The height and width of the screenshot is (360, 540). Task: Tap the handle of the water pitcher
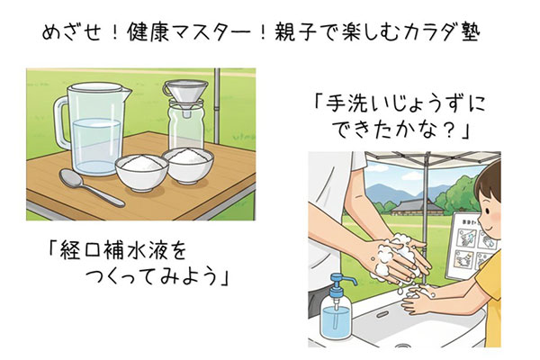pos(61,122)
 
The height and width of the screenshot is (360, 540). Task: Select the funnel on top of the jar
pos(185,94)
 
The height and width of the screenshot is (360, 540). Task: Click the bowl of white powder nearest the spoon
pos(141,171)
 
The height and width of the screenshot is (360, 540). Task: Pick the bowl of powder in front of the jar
pos(188,165)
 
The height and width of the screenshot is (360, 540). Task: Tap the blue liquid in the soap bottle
pos(336,320)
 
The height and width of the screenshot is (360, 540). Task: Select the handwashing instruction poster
pos(472,247)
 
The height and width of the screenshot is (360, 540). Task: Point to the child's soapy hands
pos(418,299)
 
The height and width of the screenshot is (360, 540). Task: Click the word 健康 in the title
pos(148,33)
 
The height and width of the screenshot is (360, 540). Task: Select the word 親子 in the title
pos(295,33)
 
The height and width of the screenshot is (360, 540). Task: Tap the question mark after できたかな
pos(450,130)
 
